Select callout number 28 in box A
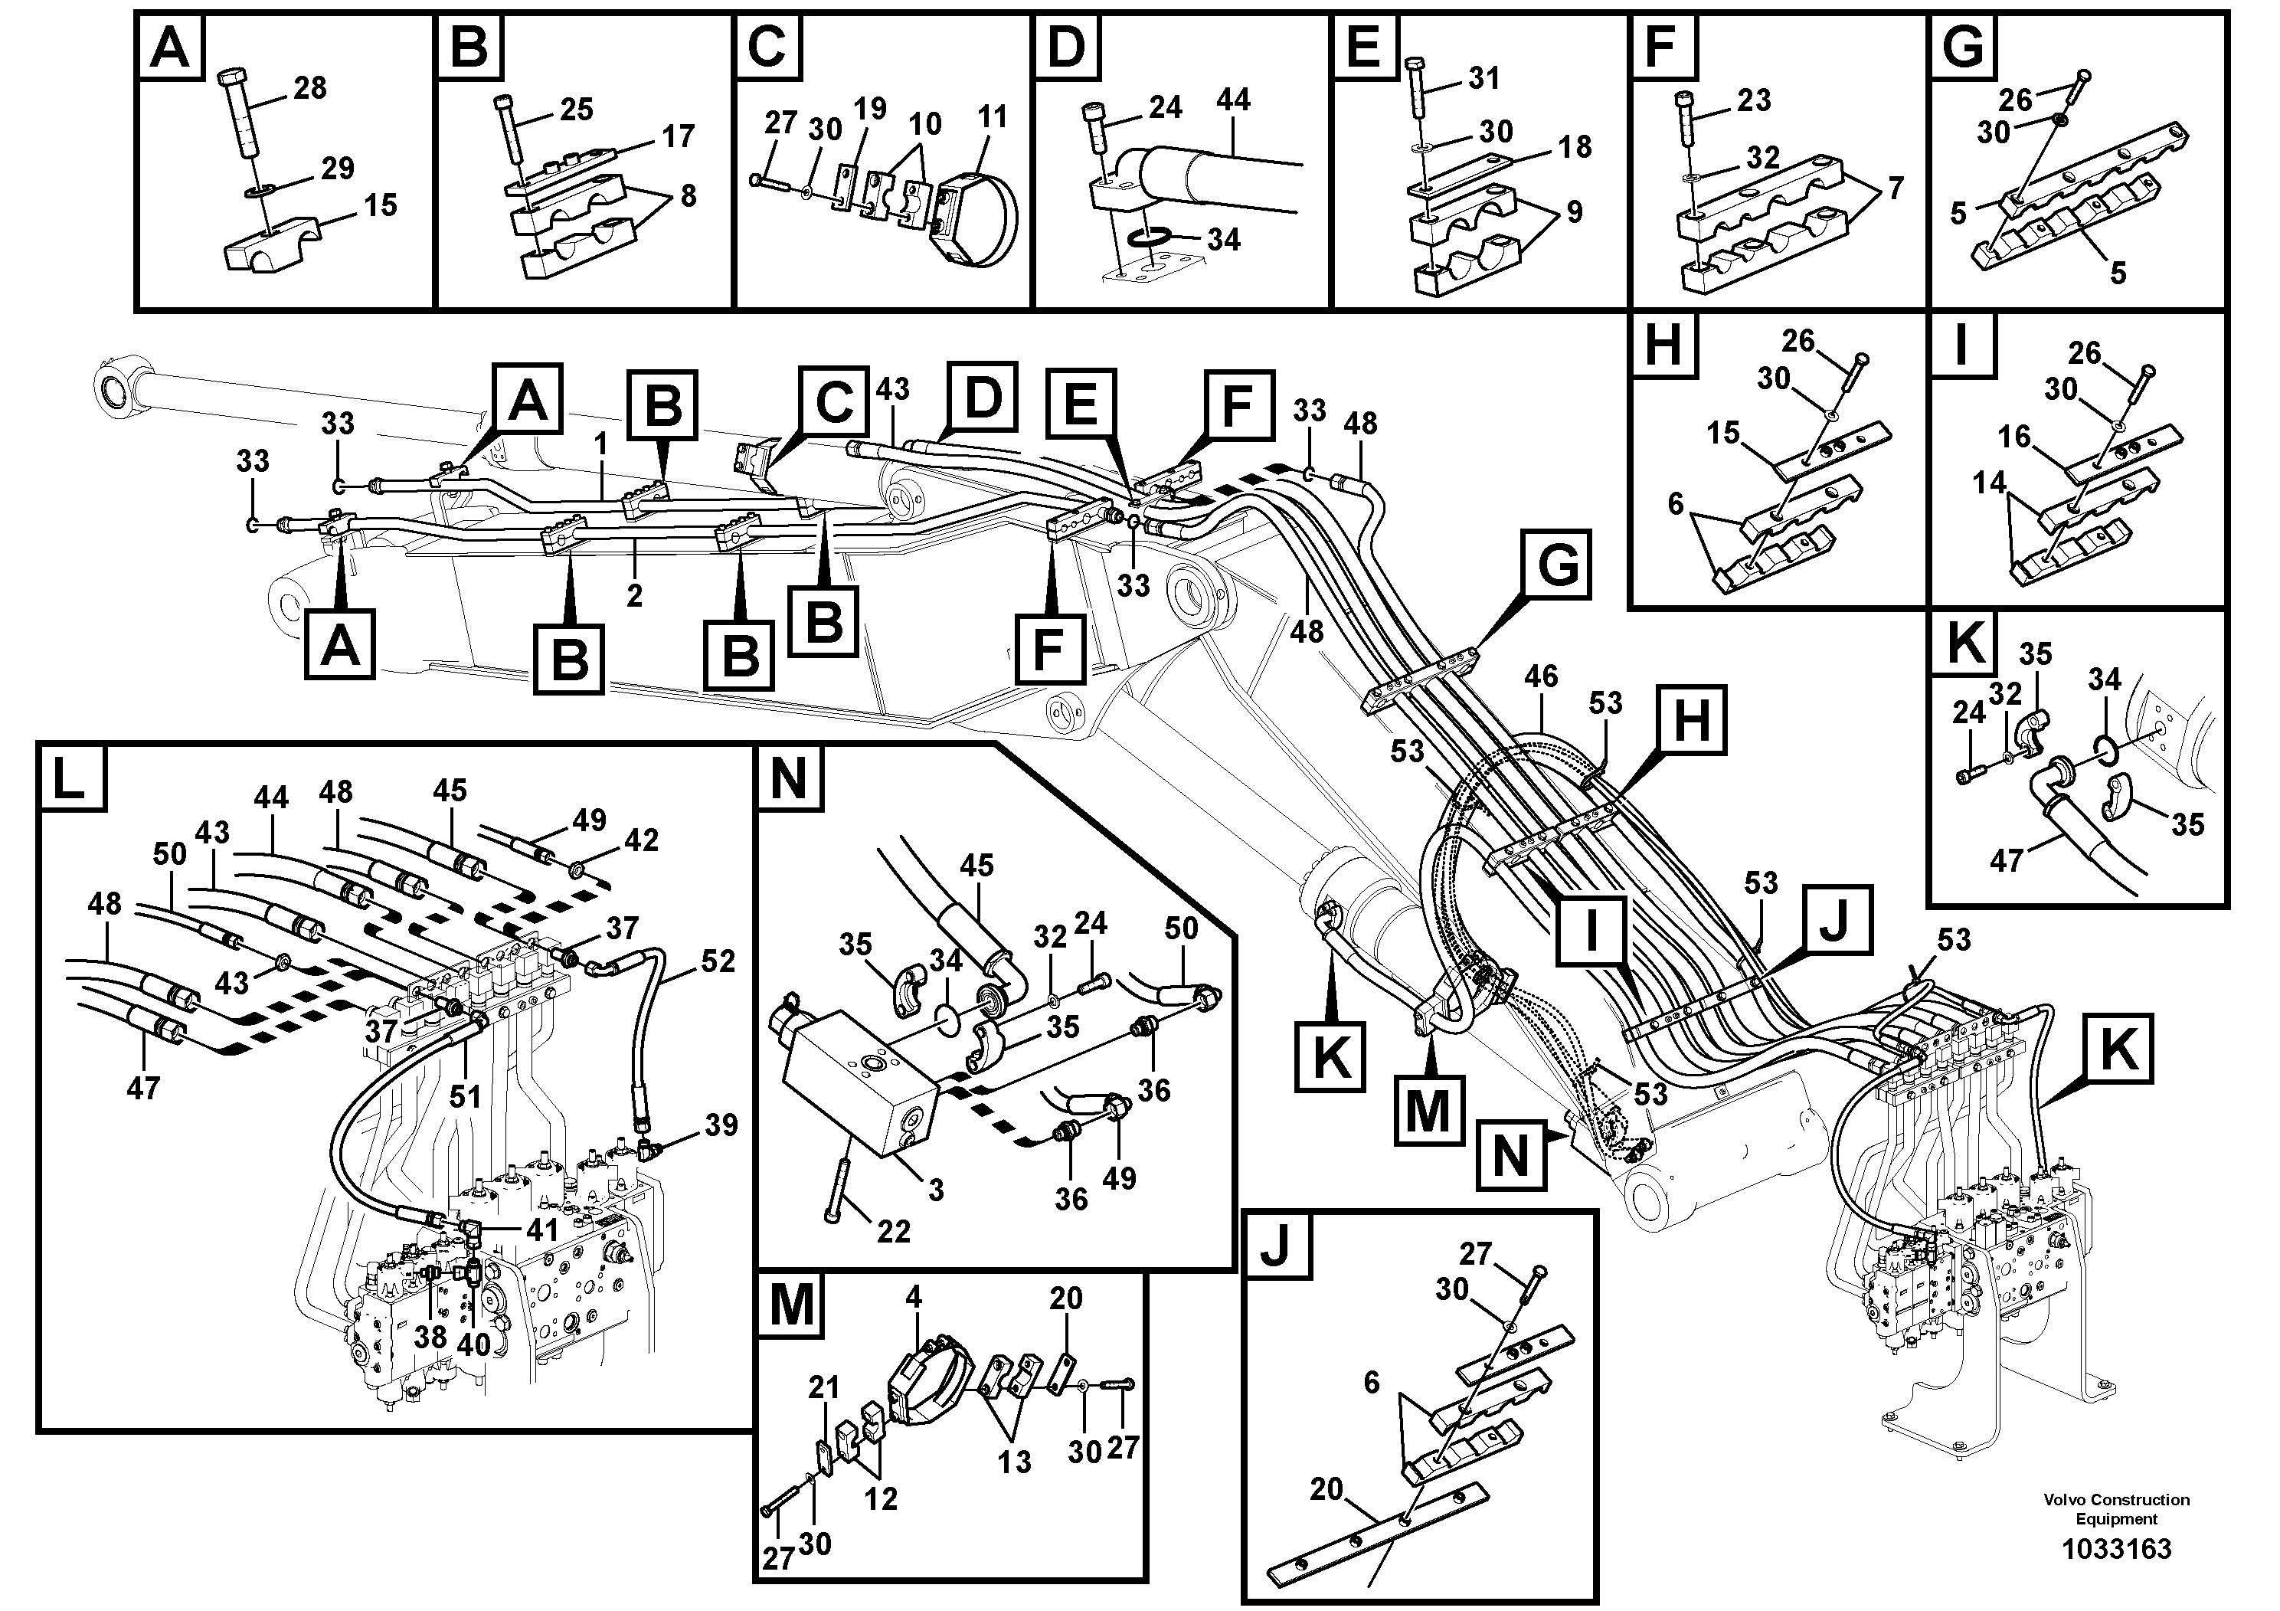pos(310,88)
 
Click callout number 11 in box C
pos(991,117)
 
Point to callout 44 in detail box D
pos(1232,100)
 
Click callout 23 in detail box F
pos(1754,100)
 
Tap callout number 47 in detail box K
pos(2006,860)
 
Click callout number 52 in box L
pos(717,961)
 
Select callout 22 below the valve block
pos(893,1232)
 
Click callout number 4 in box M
pos(914,1297)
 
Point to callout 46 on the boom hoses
pos(1540,677)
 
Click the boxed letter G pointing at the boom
pos(1557,566)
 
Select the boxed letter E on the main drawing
pos(1081,405)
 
